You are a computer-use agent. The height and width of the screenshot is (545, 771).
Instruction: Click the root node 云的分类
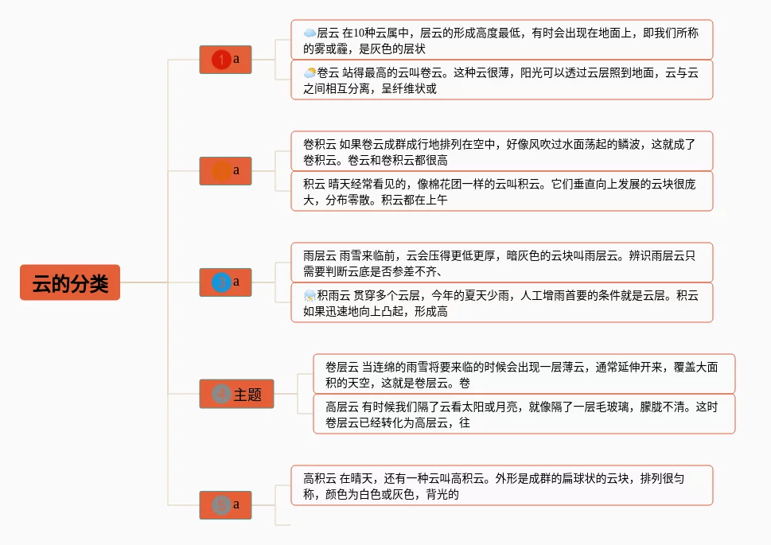[x=70, y=282]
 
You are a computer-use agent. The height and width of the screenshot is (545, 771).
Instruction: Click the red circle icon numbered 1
[x=222, y=60]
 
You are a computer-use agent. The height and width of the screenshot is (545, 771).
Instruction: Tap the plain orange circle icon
[x=222, y=171]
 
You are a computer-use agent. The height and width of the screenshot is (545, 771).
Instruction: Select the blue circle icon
[x=222, y=282]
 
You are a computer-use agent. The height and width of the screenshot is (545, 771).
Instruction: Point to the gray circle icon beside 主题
[x=222, y=394]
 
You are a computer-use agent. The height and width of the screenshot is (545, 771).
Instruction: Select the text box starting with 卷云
[x=501, y=80]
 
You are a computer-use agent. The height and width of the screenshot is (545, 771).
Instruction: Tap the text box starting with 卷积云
[x=501, y=151]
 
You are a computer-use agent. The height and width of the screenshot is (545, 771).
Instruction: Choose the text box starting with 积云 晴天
[x=501, y=191]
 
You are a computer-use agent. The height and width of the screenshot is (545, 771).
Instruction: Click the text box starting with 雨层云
[x=501, y=263]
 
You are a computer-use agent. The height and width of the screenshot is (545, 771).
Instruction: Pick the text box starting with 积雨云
[x=501, y=302]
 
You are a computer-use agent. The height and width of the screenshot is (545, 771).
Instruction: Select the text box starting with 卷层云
[x=524, y=374]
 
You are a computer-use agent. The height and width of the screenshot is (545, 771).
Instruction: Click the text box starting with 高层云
[x=524, y=414]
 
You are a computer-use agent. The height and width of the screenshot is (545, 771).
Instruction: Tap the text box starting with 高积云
[x=501, y=485]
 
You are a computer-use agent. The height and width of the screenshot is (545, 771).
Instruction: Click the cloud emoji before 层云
[x=310, y=33]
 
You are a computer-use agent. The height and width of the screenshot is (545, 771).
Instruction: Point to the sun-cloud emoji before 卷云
[x=310, y=72]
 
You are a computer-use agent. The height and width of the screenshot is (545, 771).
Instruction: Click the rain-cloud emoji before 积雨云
[x=310, y=296]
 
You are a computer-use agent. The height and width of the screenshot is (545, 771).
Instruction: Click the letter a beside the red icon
[x=236, y=59]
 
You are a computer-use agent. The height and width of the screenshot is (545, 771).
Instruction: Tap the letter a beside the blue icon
[x=236, y=282]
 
